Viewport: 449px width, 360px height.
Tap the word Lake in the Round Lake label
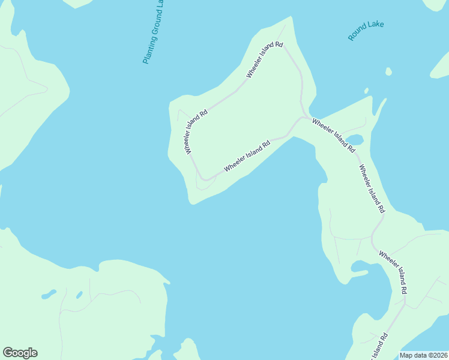(376, 26)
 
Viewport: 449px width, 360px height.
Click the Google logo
(20, 353)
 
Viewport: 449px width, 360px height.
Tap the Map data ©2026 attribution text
(423, 355)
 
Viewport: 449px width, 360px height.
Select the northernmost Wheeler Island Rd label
(264, 60)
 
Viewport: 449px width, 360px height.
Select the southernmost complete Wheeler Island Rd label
(394, 272)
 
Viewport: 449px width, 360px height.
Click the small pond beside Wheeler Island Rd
(354, 140)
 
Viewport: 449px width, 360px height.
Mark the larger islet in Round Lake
(388, 71)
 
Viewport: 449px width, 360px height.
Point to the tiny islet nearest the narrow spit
(366, 91)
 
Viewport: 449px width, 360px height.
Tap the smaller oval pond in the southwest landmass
(79, 295)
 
